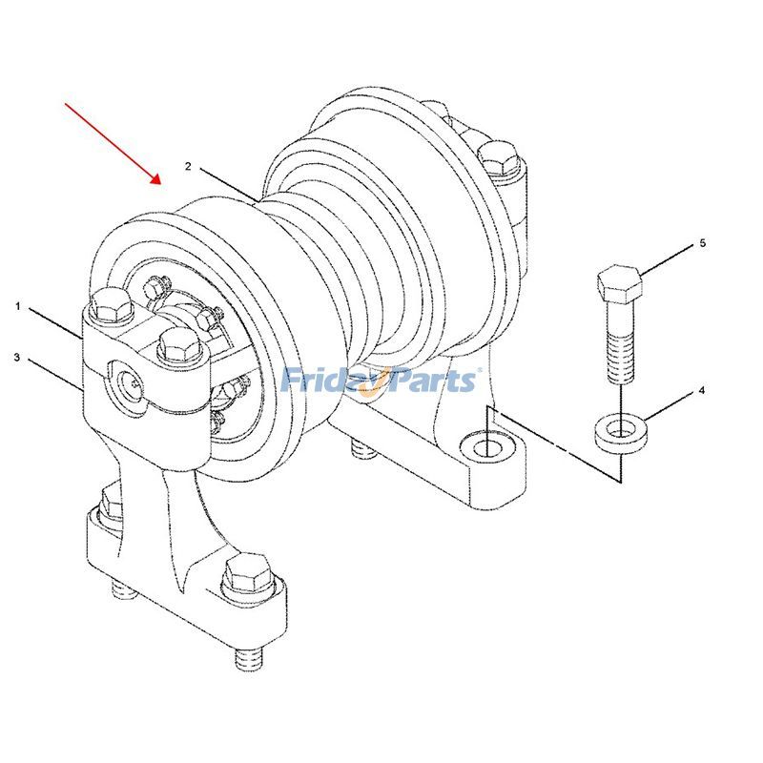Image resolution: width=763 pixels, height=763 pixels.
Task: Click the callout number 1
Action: tap(17, 306)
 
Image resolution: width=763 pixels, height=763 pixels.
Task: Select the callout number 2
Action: tap(188, 166)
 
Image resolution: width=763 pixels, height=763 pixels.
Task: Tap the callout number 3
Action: tap(17, 358)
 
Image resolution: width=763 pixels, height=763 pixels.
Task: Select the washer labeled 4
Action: tap(619, 432)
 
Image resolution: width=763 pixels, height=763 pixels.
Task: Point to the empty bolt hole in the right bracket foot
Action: tap(486, 445)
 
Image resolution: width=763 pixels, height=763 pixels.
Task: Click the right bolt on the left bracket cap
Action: tap(176, 343)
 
